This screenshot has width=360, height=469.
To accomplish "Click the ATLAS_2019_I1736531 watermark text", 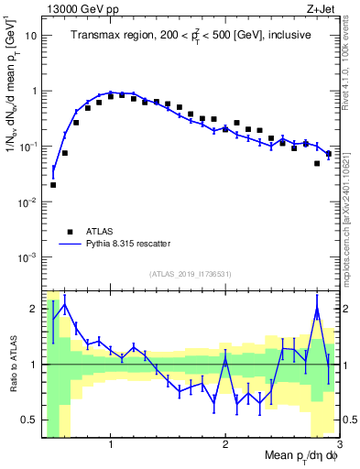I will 191,274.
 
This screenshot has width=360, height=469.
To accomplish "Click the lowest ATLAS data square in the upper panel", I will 53,184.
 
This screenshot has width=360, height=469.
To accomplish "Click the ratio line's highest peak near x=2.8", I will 317,309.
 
